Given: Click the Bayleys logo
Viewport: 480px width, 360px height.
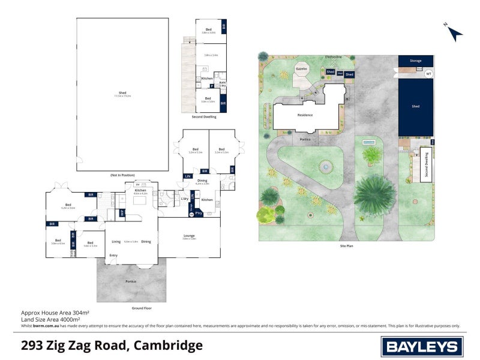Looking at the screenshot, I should click(x=422, y=346).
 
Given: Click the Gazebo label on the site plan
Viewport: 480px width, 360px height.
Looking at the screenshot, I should click(x=301, y=69).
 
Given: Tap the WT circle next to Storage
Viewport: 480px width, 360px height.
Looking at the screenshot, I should click(x=428, y=74).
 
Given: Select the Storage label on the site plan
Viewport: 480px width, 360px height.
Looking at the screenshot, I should click(x=415, y=61).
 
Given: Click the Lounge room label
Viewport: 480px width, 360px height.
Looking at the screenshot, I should click(x=189, y=236).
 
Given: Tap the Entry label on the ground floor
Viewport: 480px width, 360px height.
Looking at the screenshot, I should click(x=113, y=256).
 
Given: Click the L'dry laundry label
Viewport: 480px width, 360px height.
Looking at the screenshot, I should click(x=176, y=199).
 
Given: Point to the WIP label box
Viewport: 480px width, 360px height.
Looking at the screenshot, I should click(x=122, y=212).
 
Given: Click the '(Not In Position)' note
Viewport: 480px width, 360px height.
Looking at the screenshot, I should click(x=122, y=175).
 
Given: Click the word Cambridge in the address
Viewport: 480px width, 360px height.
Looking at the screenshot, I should click(x=168, y=345).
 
